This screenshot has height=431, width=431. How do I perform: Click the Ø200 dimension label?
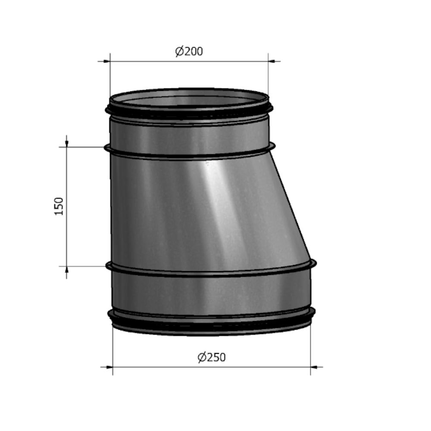click(189, 51)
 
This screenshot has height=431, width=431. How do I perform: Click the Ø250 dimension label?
click(212, 357)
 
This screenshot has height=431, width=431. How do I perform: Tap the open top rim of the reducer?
click(190, 96)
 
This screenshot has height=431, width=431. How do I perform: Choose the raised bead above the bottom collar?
click(211, 271)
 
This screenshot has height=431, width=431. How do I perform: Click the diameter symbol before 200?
click(180, 51)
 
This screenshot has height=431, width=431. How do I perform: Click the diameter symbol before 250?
click(202, 357)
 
